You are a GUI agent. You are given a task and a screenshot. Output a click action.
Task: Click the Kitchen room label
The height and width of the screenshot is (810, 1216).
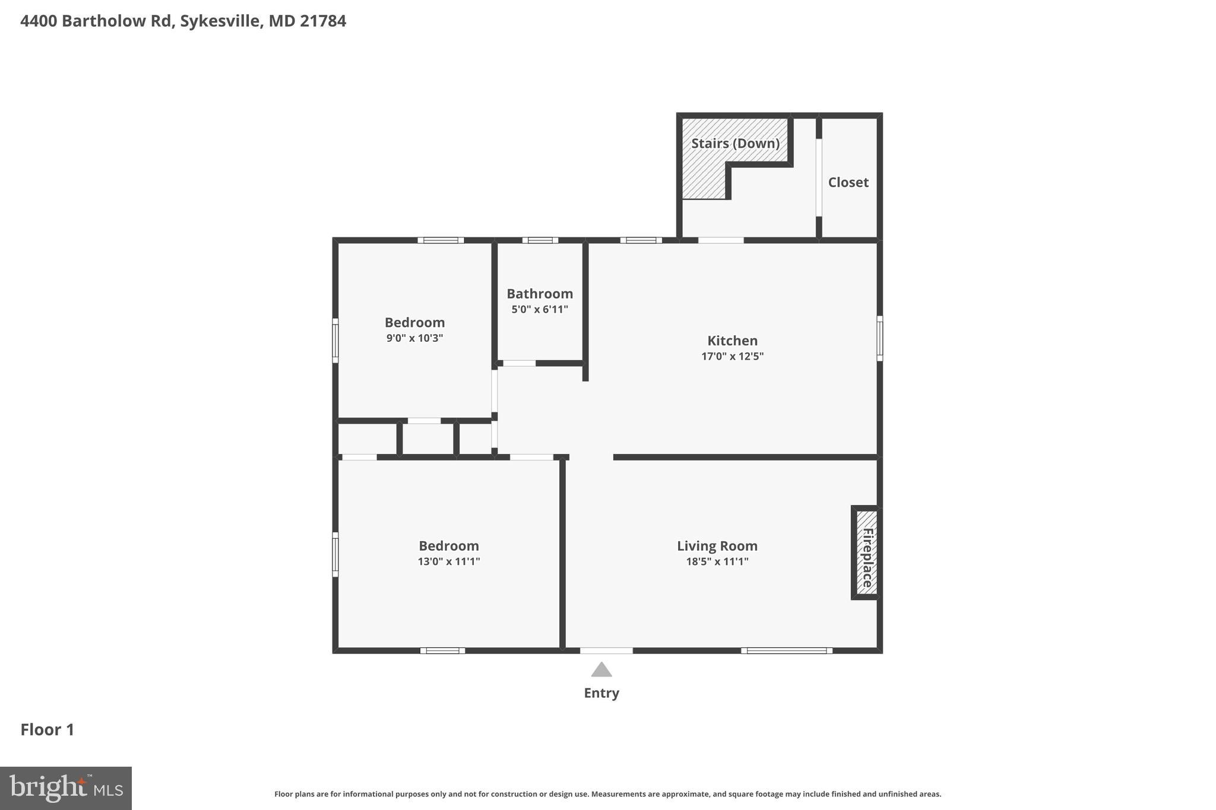732,341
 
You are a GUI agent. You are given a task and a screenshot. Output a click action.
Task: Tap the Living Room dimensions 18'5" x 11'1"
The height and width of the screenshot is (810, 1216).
717,561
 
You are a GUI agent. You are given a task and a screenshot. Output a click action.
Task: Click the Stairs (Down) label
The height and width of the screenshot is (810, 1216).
735,144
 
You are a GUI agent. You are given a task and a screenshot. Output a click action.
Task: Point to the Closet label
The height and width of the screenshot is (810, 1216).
848,183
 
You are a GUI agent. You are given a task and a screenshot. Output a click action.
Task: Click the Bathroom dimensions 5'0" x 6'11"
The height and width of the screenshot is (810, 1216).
540,309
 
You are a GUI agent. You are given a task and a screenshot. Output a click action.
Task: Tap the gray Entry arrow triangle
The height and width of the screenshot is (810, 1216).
601,670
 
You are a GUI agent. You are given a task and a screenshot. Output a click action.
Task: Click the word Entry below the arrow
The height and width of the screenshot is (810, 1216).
601,693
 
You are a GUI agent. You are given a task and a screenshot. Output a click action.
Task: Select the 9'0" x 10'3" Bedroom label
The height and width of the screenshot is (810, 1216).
414,323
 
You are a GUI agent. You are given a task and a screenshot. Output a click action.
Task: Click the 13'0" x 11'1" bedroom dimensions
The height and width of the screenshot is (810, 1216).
449,561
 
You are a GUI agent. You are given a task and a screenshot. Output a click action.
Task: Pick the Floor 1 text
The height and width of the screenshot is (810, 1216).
47,730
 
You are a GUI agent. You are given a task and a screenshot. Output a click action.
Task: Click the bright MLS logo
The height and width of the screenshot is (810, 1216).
66,788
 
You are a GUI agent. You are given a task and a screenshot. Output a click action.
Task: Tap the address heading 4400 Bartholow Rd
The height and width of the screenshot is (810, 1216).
183,21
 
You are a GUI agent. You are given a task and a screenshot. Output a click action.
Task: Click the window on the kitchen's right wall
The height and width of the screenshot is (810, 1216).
879,338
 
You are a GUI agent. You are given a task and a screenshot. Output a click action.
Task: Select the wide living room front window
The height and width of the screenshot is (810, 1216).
787,651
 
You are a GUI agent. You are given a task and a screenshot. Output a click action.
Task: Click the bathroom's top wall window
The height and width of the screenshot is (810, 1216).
540,240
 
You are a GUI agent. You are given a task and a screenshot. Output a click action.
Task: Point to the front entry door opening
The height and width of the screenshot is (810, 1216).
606,651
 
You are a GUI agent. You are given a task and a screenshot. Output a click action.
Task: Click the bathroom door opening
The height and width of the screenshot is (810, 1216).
520,363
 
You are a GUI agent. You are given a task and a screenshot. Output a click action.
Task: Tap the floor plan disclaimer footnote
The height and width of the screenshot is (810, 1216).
607,794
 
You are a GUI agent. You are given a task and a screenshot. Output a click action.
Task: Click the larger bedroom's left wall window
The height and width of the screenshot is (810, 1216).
335,554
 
